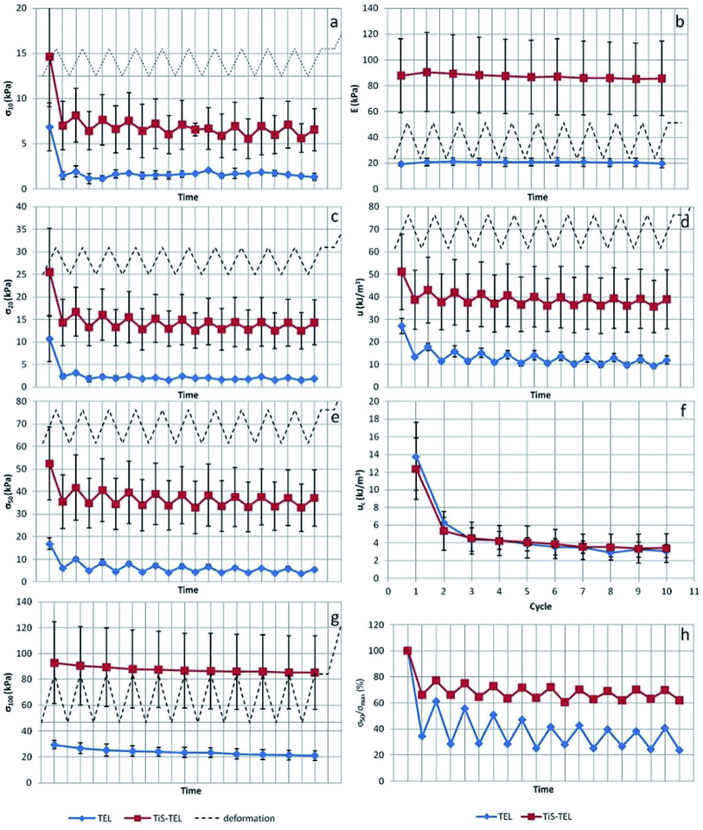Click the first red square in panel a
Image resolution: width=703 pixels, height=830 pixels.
[50, 57]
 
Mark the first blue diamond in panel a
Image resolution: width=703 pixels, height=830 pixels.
[50, 127]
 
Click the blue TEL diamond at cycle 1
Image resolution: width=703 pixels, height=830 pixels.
[416, 456]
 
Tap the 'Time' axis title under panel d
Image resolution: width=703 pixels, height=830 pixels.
[540, 395]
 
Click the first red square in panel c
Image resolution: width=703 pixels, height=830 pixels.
[49, 272]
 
